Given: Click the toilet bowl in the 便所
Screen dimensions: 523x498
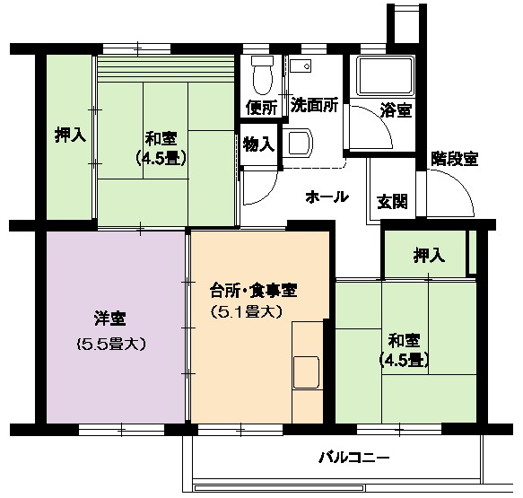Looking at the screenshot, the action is [263, 75].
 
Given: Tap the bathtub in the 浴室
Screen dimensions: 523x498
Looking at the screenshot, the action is [385, 76].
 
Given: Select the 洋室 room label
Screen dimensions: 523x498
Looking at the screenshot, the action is [109, 319].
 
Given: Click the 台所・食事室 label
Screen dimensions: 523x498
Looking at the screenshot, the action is [254, 290].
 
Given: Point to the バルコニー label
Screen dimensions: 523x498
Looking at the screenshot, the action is [353, 457].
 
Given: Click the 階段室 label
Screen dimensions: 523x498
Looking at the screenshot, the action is [455, 159].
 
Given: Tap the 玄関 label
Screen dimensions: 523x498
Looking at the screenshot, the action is [392, 202].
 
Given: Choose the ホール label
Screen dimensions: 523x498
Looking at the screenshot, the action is [327, 197].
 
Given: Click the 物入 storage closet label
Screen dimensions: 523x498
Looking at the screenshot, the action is [259, 144].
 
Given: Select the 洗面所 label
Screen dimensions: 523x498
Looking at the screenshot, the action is [314, 105].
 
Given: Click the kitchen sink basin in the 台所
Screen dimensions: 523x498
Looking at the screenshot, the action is [306, 371].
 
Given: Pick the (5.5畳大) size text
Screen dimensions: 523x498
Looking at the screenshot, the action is [111, 344].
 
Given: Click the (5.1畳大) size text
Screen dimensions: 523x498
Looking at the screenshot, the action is [248, 312].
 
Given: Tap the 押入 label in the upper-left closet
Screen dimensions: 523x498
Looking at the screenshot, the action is [70, 135].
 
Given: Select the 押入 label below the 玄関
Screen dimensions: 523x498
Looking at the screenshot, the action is [430, 255].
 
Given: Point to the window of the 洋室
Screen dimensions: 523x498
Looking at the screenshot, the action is [122, 429].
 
